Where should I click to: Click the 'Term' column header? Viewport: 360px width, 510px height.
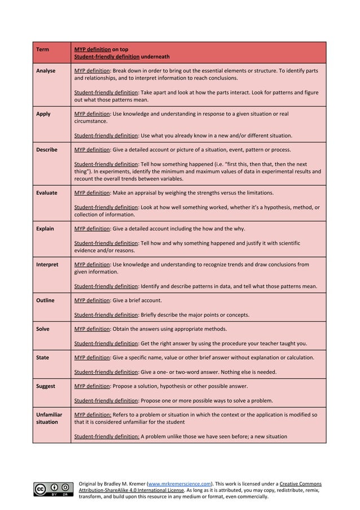[x=42, y=49]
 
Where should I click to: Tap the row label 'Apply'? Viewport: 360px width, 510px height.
[x=43, y=114]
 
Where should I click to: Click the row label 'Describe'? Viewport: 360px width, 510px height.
[x=46, y=150]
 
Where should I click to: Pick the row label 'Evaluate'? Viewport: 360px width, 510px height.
[x=46, y=193]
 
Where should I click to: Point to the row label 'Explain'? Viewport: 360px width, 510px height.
[x=45, y=229]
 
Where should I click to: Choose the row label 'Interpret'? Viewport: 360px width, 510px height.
[x=47, y=264]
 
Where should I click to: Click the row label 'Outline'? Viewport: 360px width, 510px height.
[x=45, y=300]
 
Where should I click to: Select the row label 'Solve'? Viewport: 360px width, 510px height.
[x=43, y=329]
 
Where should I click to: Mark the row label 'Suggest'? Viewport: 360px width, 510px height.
[x=46, y=386]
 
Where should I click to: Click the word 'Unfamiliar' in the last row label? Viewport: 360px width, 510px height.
[x=50, y=415]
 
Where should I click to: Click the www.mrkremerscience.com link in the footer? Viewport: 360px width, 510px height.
[x=180, y=484]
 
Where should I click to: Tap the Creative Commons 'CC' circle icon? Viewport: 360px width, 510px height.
[x=41, y=489]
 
